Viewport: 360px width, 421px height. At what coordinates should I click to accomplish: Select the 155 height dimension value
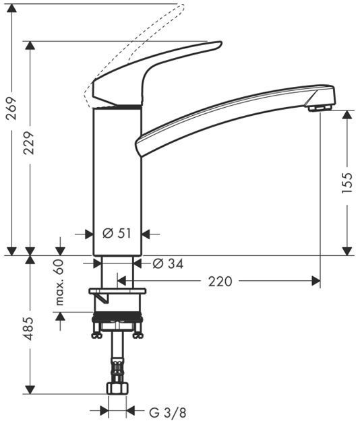(x=347, y=183)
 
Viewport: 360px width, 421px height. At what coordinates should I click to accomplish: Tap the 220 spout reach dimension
(x=220, y=281)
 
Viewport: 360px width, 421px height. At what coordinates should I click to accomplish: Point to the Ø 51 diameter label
(x=117, y=234)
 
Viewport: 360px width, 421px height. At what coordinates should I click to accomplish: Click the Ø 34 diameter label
(x=169, y=263)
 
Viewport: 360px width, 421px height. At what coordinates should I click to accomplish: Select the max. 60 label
(x=60, y=282)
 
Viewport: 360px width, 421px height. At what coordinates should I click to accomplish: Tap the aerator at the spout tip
(x=320, y=106)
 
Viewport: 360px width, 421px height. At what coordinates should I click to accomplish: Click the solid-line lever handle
(x=155, y=71)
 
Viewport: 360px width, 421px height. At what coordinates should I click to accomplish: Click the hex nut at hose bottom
(x=117, y=390)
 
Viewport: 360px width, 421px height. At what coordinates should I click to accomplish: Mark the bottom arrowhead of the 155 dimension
(x=347, y=251)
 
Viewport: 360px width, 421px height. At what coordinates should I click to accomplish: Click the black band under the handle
(x=117, y=106)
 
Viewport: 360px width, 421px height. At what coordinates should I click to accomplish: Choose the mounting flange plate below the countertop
(x=117, y=292)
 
